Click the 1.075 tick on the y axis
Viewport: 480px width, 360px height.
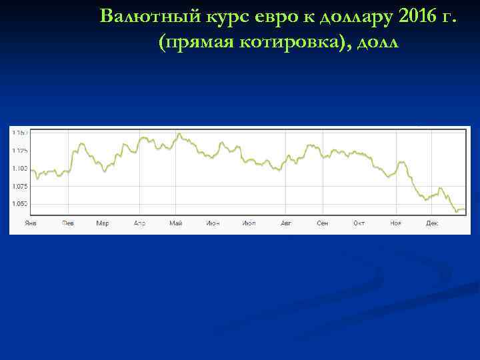(20, 186)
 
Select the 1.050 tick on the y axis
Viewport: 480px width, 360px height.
(20, 204)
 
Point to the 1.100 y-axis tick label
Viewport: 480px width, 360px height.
(20, 168)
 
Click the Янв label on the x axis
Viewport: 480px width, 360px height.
(31, 223)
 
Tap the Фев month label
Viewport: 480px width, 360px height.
(68, 223)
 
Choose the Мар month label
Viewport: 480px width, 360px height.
(103, 223)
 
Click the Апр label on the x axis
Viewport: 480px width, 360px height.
(140, 223)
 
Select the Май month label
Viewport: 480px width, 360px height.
(176, 223)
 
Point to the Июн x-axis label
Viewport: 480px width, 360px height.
(213, 223)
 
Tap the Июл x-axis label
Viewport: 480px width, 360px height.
(249, 223)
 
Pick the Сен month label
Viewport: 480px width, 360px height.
(323, 223)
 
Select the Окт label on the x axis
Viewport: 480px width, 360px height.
(359, 223)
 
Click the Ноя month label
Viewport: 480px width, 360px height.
(396, 223)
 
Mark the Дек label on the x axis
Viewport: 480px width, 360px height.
(432, 223)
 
